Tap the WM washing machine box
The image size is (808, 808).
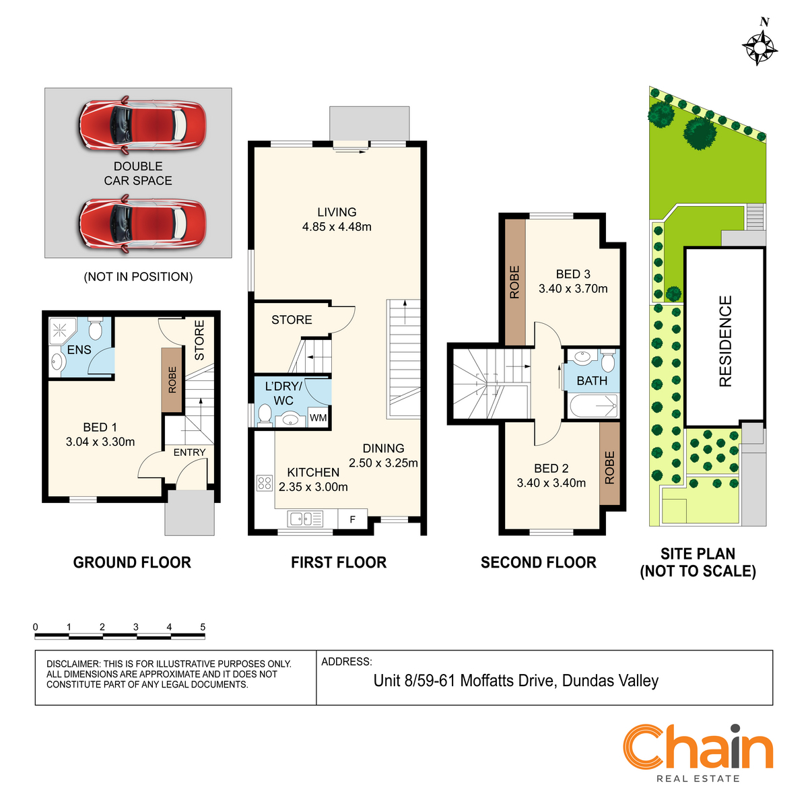(x=318, y=417)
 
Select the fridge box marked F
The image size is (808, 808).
(x=353, y=520)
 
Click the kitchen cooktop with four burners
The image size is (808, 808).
(x=264, y=483)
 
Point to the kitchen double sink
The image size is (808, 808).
(x=305, y=518)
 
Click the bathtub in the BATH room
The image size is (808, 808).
(x=594, y=406)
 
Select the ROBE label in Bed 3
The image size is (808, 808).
(x=514, y=281)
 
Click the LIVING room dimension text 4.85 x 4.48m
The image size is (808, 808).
(x=337, y=227)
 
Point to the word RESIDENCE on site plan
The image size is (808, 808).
(x=725, y=341)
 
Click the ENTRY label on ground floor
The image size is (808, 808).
(x=189, y=452)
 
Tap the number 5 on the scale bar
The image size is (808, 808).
(x=203, y=627)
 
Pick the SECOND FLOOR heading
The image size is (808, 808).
(x=539, y=563)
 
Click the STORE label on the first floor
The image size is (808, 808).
(x=292, y=320)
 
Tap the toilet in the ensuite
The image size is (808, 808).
(x=96, y=329)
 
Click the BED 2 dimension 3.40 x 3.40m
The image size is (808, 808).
(x=551, y=483)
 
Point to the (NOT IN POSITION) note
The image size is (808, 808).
(x=139, y=277)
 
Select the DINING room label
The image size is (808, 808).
(x=383, y=448)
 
